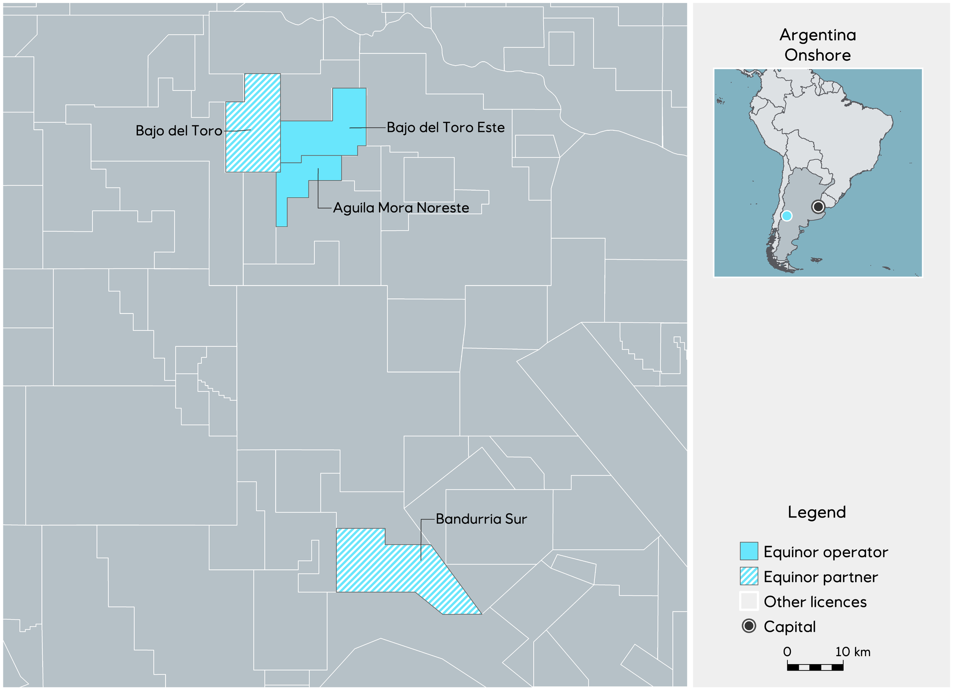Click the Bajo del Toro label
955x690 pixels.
(179, 131)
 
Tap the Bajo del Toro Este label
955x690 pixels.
(445, 128)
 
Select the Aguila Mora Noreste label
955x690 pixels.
(401, 208)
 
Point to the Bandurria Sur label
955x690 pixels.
(481, 519)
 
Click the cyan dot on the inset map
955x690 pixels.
(786, 216)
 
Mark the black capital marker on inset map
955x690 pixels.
(818, 206)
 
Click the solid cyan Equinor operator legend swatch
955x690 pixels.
(749, 551)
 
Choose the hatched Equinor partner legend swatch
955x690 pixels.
(749, 576)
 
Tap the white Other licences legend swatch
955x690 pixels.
(749, 601)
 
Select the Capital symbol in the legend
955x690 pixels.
(749, 626)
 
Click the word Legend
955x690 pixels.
(816, 512)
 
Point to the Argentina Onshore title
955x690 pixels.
(817, 45)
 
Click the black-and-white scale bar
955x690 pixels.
(815, 667)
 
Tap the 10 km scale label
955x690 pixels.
(853, 652)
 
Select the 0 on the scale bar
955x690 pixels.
(787, 652)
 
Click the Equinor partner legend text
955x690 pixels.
(820, 577)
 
